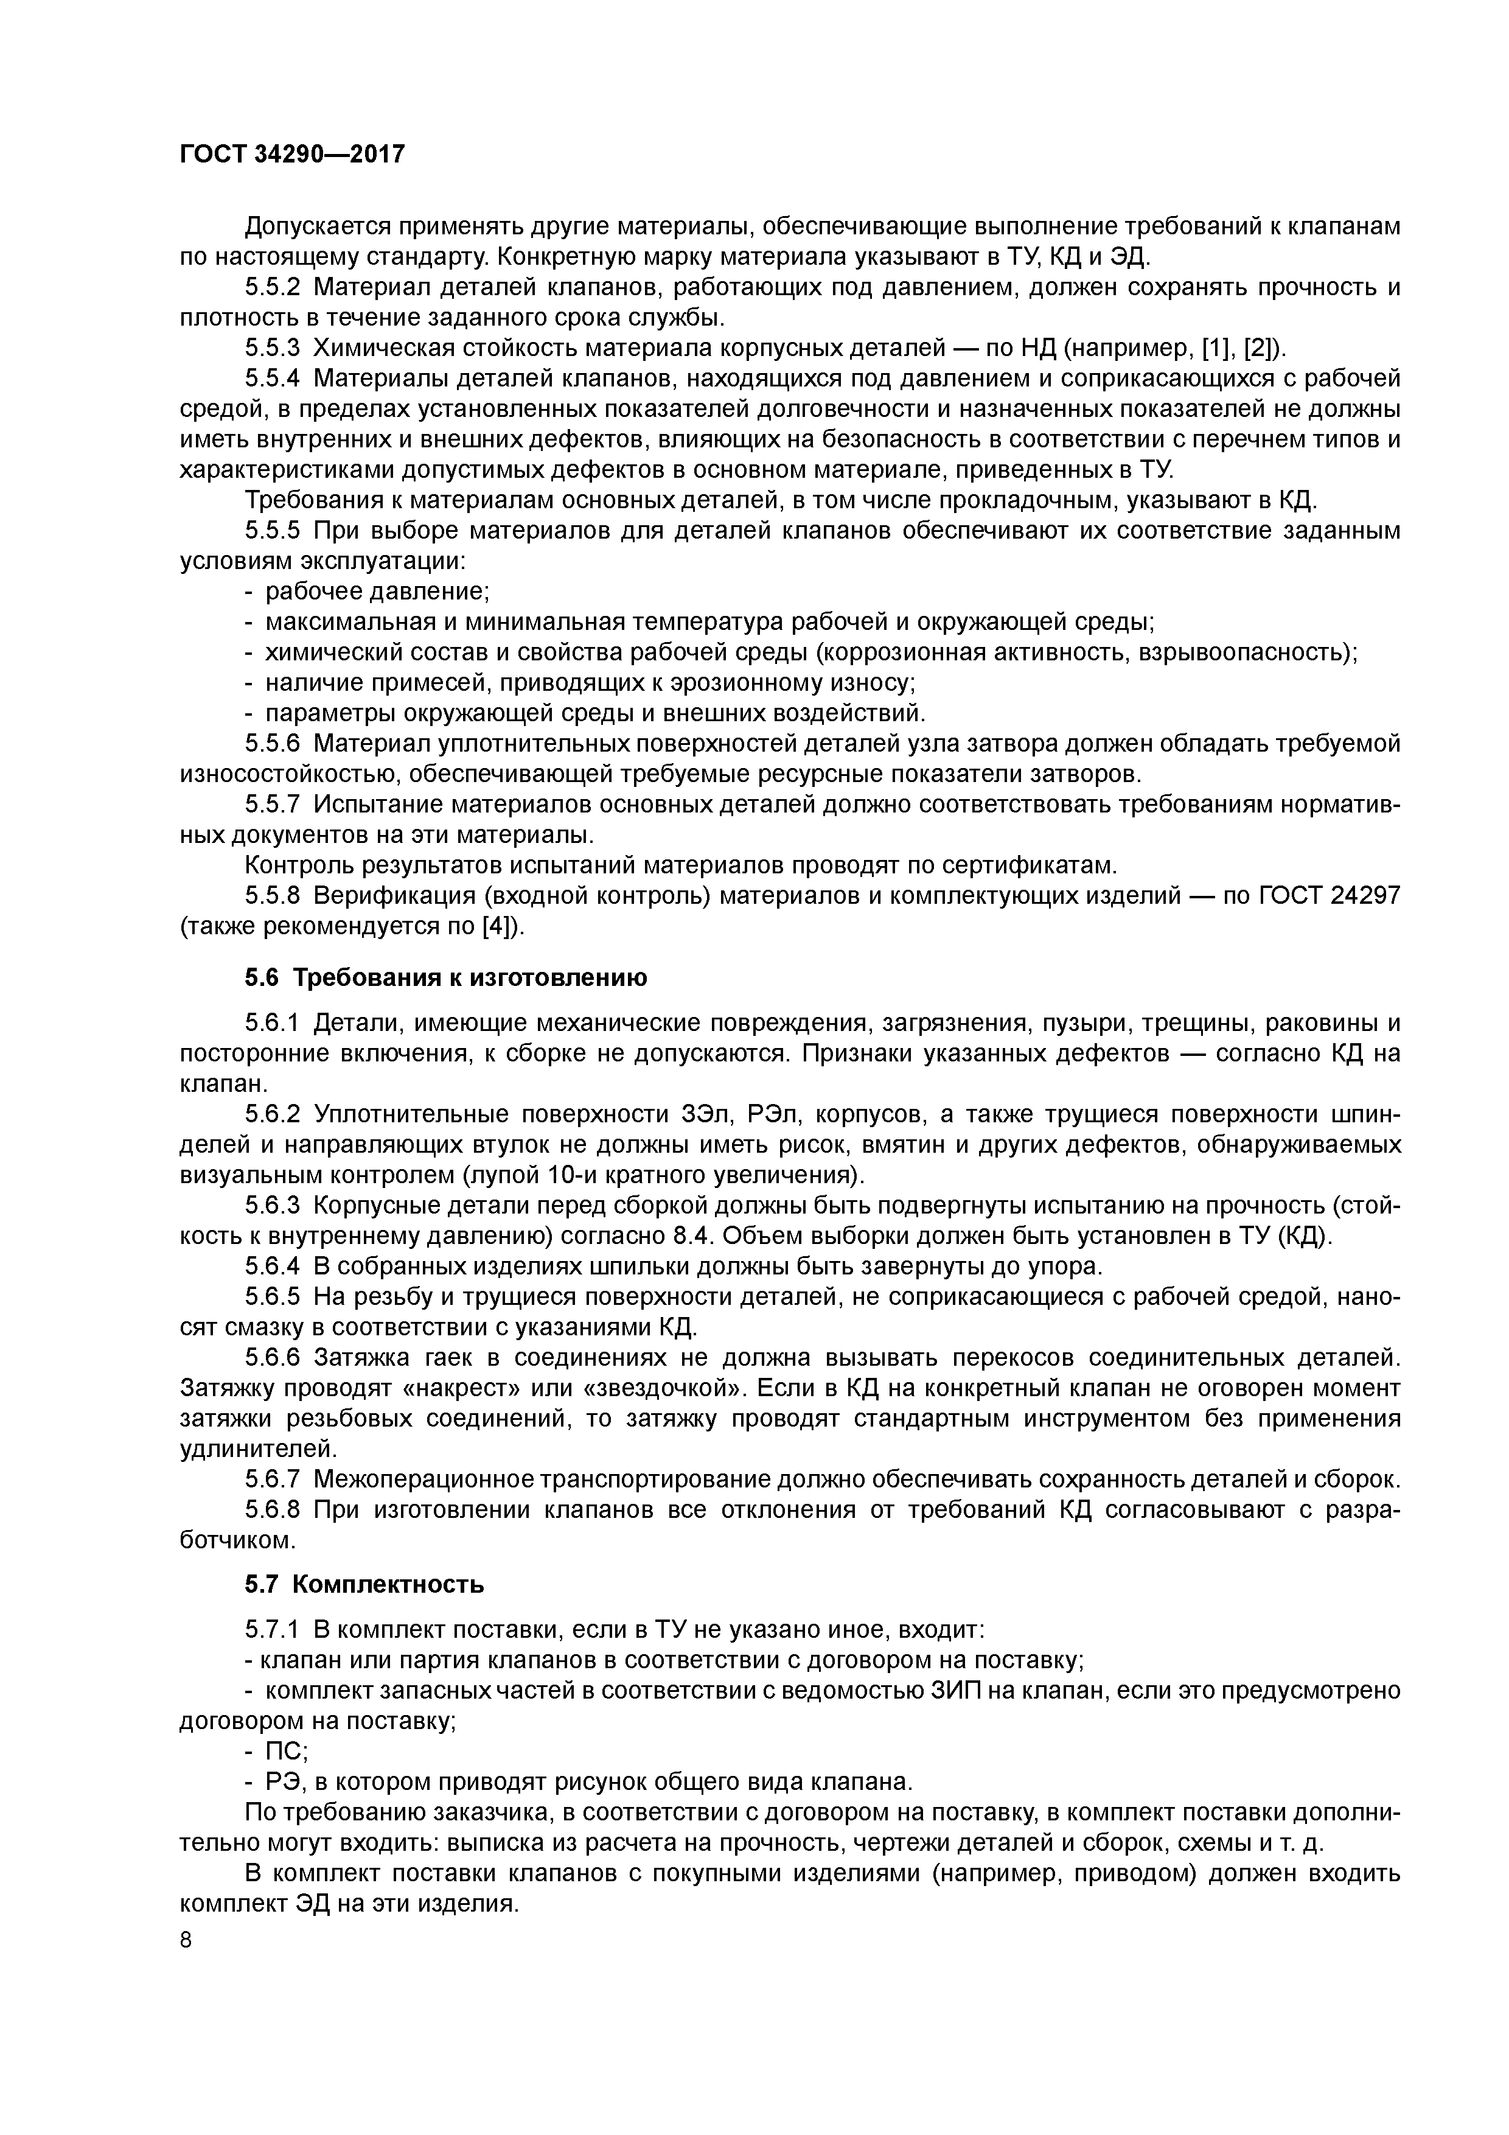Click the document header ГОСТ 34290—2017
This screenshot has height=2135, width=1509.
pyautogui.click(x=292, y=153)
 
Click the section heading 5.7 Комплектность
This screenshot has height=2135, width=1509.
pyautogui.click(x=364, y=1584)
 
